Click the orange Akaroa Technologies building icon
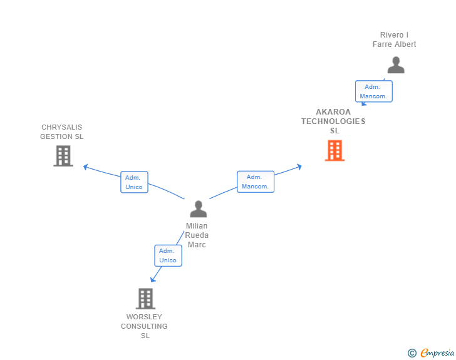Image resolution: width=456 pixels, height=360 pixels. click(x=334, y=150)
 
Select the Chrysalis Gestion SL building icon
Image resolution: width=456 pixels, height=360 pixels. click(x=63, y=156)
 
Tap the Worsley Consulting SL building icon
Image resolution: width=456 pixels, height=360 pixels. click(x=145, y=299)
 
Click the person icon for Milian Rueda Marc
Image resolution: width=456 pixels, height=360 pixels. click(x=198, y=209)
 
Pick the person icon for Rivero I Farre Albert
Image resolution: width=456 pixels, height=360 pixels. click(x=395, y=65)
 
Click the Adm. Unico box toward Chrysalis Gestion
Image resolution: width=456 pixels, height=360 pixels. click(x=134, y=182)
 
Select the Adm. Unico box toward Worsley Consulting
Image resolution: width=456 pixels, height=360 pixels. click(x=168, y=255)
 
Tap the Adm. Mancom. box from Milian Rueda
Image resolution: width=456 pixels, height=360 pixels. click(x=256, y=182)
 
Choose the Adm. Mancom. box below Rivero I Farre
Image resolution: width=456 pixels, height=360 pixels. click(x=373, y=91)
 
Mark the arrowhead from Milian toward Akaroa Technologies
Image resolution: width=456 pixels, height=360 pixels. click(x=299, y=167)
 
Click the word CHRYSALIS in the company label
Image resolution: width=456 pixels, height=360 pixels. click(x=61, y=127)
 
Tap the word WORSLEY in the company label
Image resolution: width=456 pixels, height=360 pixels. click(x=144, y=317)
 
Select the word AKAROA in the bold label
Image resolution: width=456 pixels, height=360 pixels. click(x=334, y=112)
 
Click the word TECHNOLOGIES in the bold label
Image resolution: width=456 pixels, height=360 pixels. click(x=333, y=121)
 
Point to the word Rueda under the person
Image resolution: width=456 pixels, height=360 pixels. click(x=197, y=235)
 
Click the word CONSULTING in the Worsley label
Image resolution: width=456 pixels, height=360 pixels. click(x=144, y=326)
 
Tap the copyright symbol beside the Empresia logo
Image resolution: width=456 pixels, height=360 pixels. click(x=412, y=353)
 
